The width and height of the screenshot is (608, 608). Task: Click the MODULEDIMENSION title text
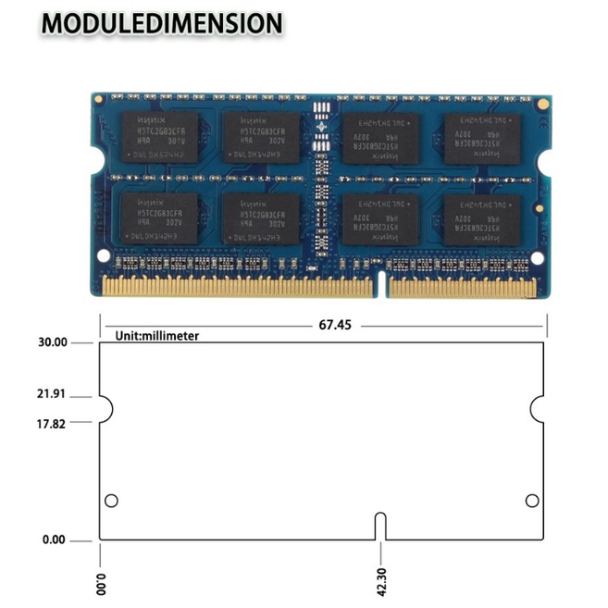[161, 23]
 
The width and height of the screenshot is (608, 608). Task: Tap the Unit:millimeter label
[157, 336]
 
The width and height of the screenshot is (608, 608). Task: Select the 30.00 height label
[52, 342]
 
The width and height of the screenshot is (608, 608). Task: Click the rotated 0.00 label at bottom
[102, 584]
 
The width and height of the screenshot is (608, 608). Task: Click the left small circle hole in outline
[111, 501]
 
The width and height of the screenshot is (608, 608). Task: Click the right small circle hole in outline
[532, 501]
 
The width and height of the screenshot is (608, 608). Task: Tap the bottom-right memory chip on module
[481, 219]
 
